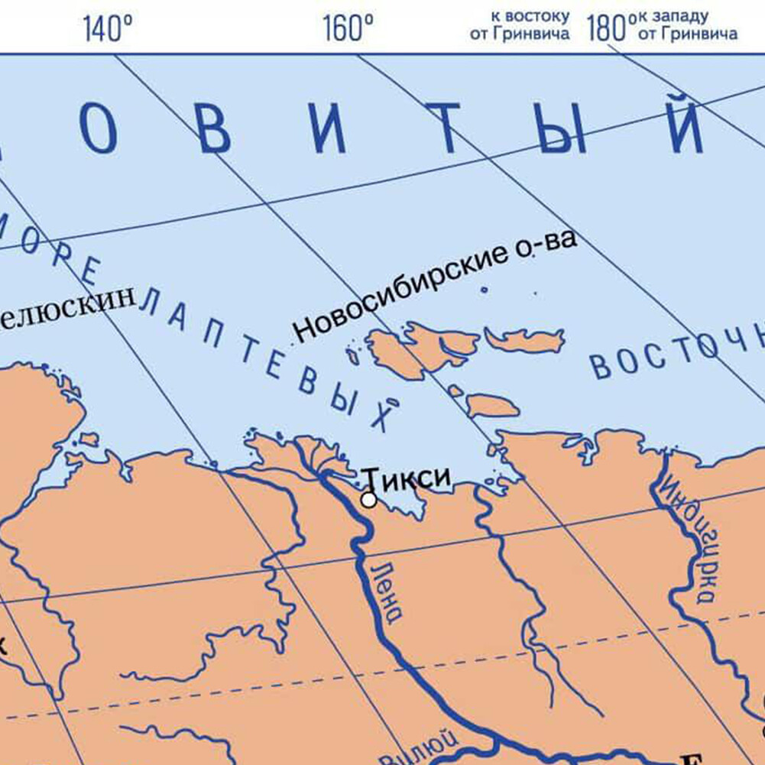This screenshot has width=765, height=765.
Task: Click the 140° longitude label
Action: (x=107, y=29)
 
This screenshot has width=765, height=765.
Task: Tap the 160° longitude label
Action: (x=348, y=29)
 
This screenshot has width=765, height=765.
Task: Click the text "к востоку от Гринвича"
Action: (x=520, y=25)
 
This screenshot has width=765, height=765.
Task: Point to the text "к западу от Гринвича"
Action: (x=687, y=25)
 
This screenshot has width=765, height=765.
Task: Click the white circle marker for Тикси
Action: (x=368, y=500)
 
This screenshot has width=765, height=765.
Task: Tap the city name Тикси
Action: (x=406, y=478)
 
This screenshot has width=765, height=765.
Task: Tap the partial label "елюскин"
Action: (x=69, y=305)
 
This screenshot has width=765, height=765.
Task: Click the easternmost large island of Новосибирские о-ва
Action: (x=526, y=339)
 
